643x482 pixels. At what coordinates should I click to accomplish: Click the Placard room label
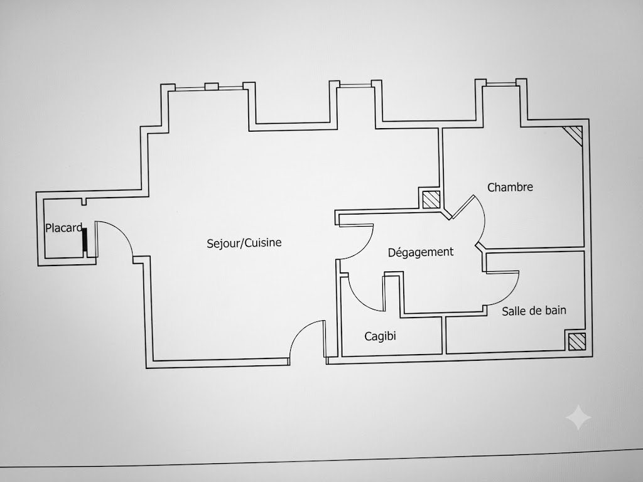(x=64, y=228)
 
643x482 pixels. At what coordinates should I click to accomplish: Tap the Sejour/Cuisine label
(x=244, y=243)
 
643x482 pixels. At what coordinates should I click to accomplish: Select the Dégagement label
(x=421, y=252)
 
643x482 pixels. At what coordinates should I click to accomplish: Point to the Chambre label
(x=510, y=187)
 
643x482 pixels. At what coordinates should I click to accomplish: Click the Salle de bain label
(x=534, y=311)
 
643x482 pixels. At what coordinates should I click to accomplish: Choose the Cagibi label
(x=380, y=336)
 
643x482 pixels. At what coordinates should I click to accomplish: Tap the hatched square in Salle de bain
(x=576, y=341)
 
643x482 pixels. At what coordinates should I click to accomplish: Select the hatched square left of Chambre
(x=431, y=200)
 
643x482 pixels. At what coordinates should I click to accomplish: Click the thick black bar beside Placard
(x=85, y=240)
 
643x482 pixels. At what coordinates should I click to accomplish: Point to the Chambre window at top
(x=500, y=84)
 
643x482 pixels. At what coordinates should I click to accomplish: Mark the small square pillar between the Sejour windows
(x=212, y=87)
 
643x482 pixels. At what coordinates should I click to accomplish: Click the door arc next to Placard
(x=122, y=232)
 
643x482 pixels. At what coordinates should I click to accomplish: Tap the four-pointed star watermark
(x=578, y=417)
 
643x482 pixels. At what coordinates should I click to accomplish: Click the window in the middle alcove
(x=355, y=85)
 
